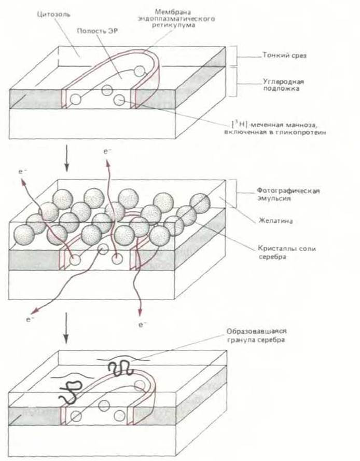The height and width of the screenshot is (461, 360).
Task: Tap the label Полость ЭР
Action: coord(94,30)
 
